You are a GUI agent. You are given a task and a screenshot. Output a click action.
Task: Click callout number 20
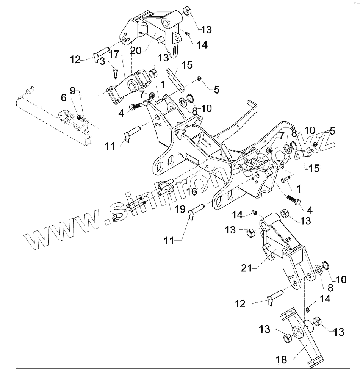click(x=137, y=50)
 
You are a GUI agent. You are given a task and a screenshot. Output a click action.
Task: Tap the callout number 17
click(x=114, y=55)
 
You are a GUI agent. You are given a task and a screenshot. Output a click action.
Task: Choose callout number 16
click(x=192, y=192)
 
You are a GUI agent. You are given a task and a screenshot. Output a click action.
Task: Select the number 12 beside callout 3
click(x=75, y=59)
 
